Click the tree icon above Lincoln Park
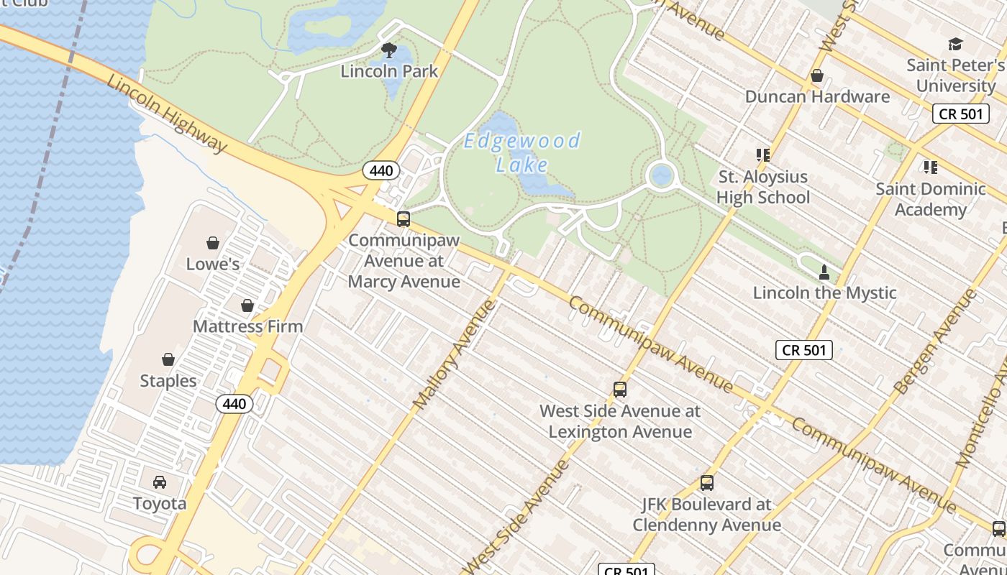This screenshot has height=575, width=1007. pyautogui.click(x=389, y=50)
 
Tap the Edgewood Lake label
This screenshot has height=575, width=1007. pyautogui.click(x=522, y=152)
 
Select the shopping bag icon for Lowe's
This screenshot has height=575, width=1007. pyautogui.click(x=213, y=243)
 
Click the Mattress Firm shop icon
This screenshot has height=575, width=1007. pyautogui.click(x=247, y=305)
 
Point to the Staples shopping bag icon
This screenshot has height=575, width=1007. pyautogui.click(x=168, y=359)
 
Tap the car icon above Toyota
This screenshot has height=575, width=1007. pyautogui.click(x=160, y=482)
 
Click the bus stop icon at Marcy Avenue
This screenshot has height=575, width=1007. pyautogui.click(x=404, y=219)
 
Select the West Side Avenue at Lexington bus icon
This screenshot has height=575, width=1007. pyautogui.click(x=620, y=390)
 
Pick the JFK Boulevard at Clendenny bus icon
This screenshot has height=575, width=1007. pyautogui.click(x=707, y=483)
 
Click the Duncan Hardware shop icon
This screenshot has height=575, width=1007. pyautogui.click(x=817, y=75)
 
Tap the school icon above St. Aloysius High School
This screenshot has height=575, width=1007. pyautogui.click(x=762, y=155)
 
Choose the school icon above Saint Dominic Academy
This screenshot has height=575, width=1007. pyautogui.click(x=930, y=167)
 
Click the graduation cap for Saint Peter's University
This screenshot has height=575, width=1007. pyautogui.click(x=955, y=45)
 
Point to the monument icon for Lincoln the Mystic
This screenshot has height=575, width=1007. pyautogui.click(x=824, y=272)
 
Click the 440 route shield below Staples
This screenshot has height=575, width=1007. pyautogui.click(x=234, y=404)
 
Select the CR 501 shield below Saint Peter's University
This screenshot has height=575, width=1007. pyautogui.click(x=961, y=114)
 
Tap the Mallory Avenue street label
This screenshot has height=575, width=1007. pyautogui.click(x=455, y=354)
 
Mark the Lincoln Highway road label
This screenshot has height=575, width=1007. pyautogui.click(x=167, y=113)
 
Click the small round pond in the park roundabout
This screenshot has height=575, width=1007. pyautogui.click(x=660, y=175)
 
